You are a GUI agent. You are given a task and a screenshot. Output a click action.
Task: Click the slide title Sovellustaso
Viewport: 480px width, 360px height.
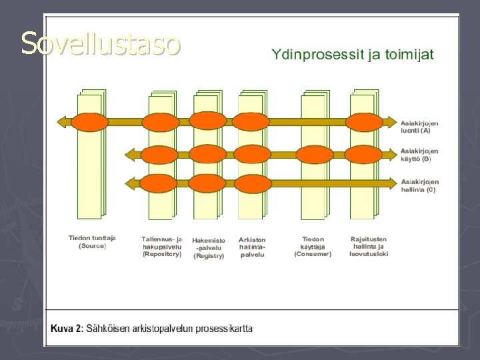point(100,43)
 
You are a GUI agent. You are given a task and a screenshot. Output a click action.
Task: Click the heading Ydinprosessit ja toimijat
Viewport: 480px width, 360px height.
point(352,54)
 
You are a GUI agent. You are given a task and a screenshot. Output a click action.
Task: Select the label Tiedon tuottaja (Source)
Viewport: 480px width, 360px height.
point(92,241)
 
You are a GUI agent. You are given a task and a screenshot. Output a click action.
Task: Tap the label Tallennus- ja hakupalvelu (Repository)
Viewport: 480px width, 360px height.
point(161,246)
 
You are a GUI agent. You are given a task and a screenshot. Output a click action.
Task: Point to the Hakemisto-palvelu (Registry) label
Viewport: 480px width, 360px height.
point(209,247)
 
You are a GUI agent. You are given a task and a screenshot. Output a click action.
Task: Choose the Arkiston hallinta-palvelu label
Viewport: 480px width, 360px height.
point(252,247)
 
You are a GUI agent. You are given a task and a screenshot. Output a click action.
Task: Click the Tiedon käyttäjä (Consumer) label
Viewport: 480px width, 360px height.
point(313,246)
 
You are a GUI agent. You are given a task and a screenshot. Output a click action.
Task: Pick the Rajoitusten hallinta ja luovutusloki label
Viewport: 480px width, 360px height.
point(369,246)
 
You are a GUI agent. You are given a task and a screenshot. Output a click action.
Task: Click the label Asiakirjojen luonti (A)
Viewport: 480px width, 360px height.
point(419,127)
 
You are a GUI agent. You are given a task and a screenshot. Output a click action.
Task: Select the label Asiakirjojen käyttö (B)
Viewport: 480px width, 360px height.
point(419,155)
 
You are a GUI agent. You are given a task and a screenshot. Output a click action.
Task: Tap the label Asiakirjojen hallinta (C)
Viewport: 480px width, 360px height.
point(419,185)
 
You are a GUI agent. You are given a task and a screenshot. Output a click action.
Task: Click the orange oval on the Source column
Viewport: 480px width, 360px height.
point(89,122)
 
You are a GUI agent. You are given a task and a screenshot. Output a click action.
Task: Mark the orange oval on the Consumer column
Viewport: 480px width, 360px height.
point(315,155)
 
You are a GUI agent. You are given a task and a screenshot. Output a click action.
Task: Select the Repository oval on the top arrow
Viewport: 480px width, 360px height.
point(161,122)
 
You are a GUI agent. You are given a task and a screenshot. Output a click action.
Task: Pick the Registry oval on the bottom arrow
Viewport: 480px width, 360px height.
point(208,182)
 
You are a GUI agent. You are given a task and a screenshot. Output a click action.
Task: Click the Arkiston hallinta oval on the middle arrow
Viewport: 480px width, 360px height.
point(253,155)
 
